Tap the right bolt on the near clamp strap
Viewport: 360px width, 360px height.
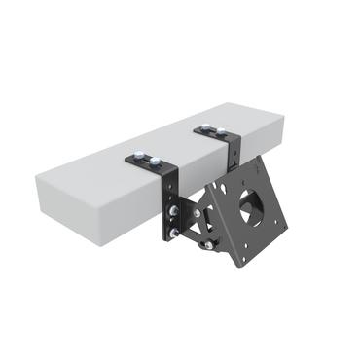(155, 161)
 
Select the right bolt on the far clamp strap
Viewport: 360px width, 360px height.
(221, 131)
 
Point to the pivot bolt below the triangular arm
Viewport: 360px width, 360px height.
(209, 245)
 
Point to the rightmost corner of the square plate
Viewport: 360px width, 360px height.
(287, 226)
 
